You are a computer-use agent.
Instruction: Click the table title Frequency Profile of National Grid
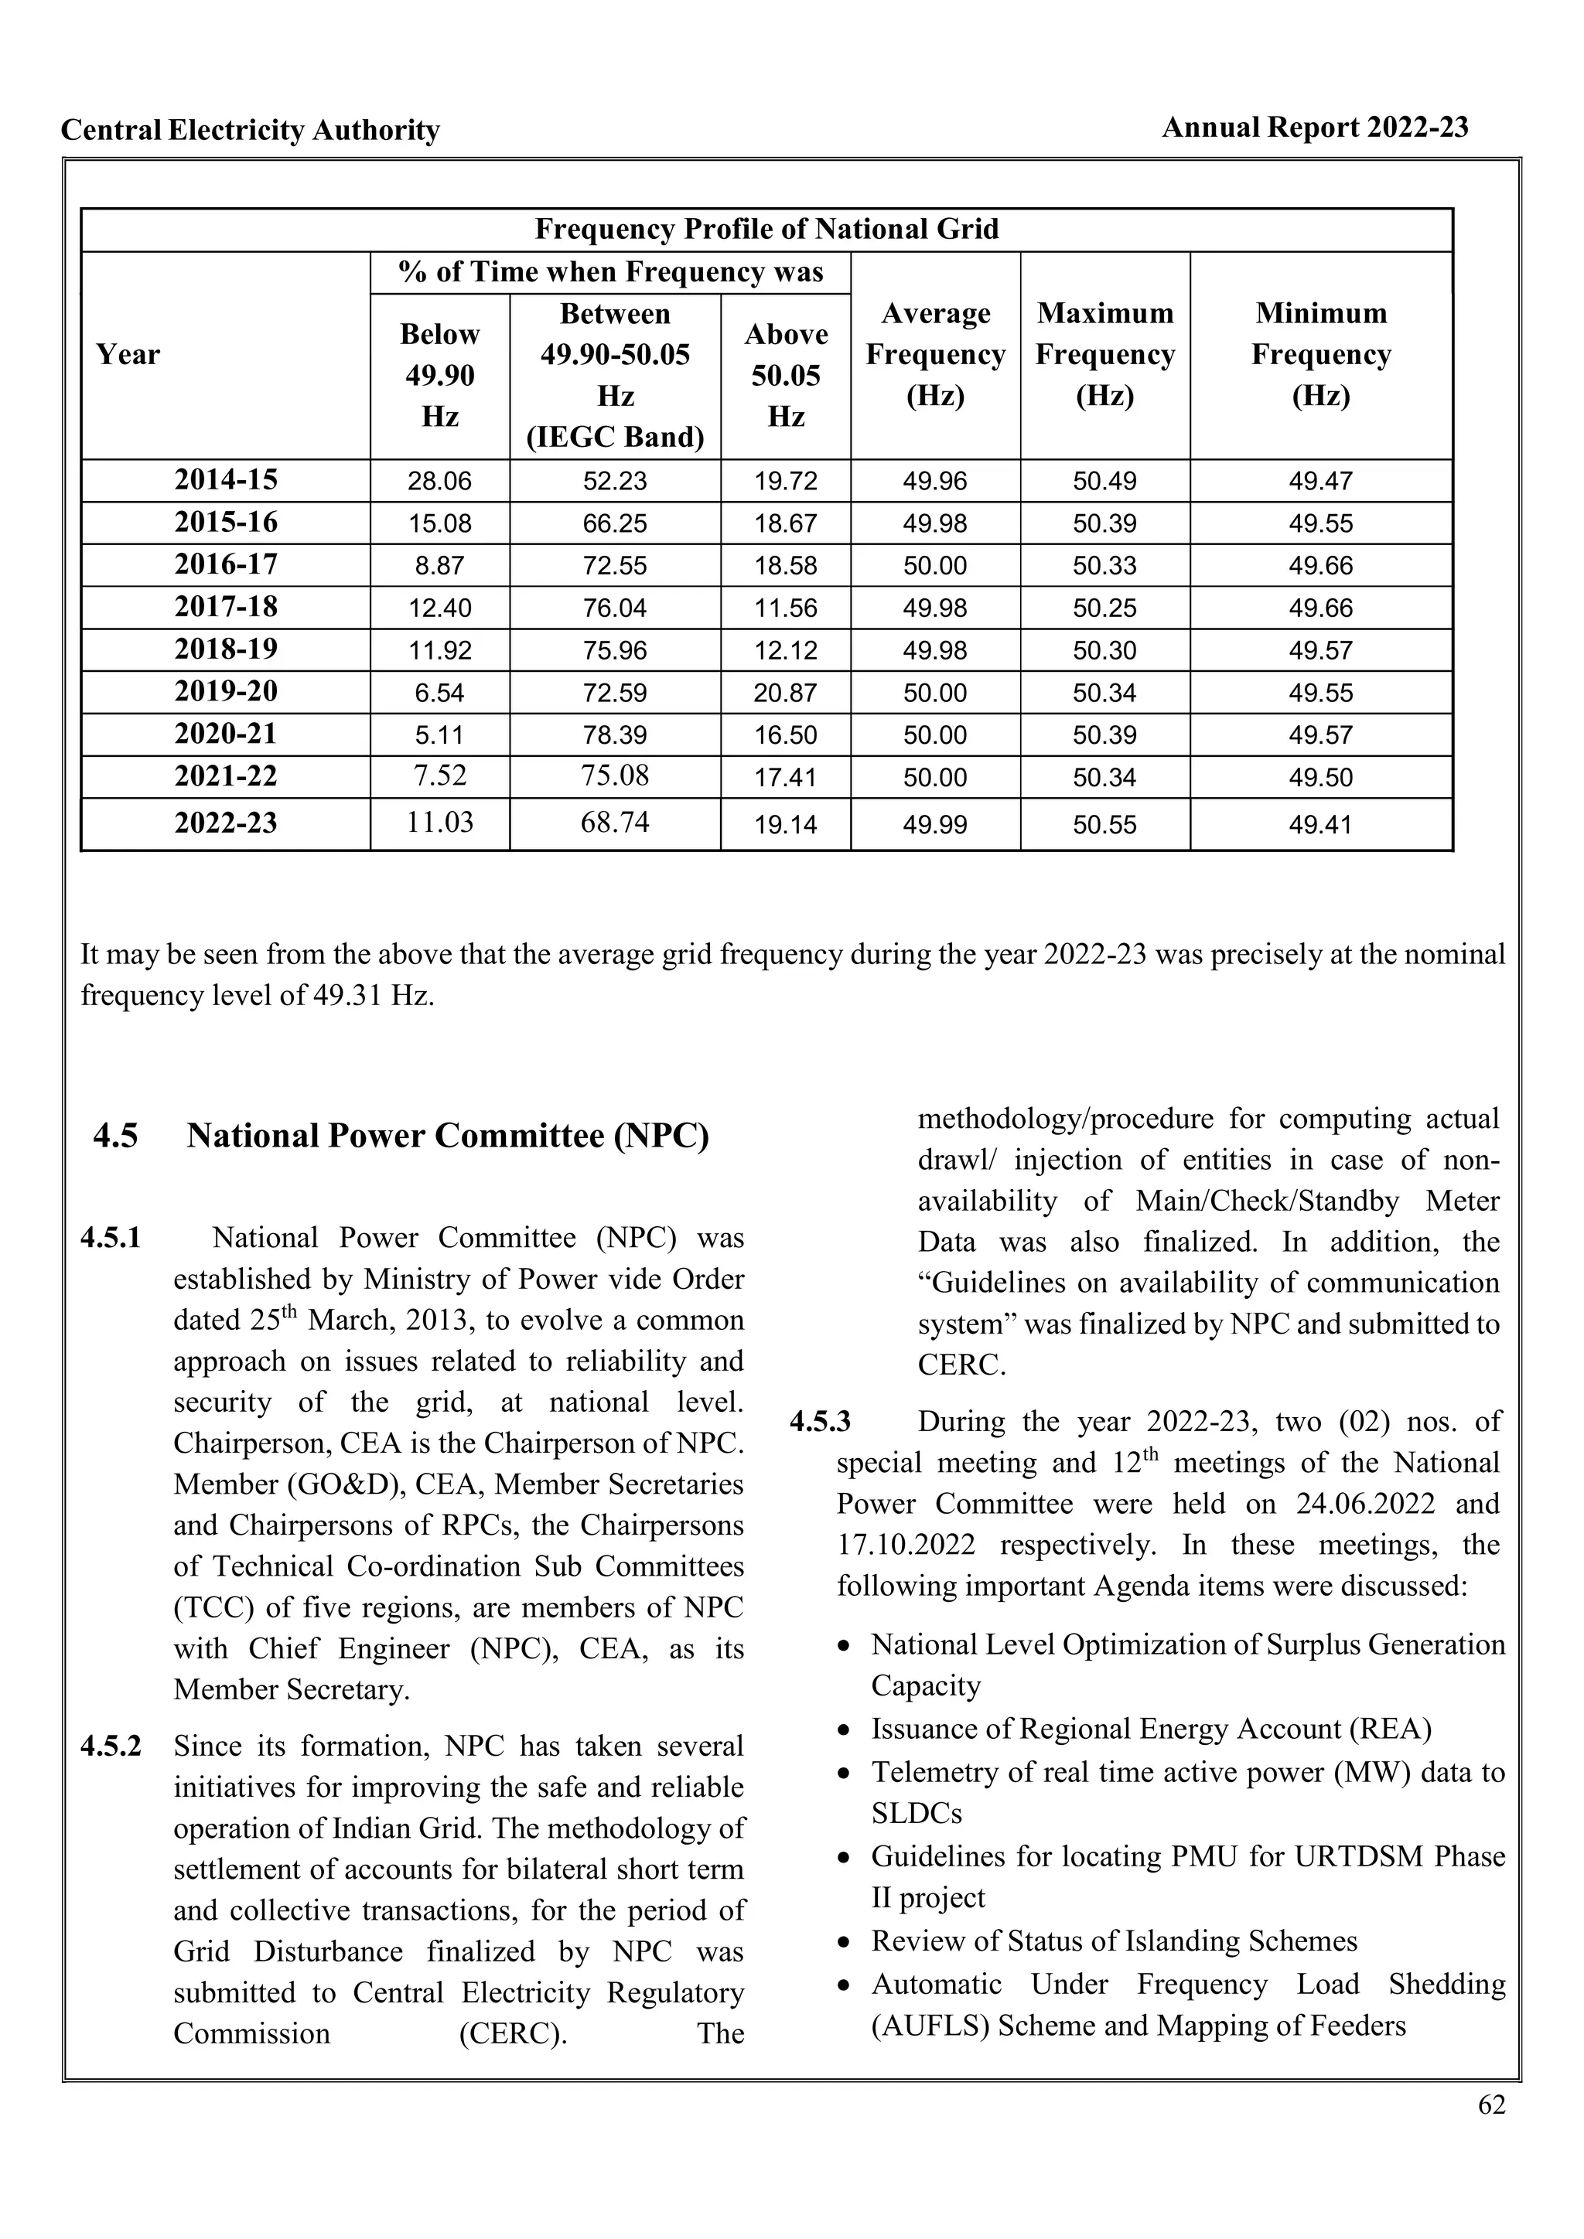coord(766,229)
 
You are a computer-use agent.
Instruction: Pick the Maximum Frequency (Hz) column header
coord(1104,354)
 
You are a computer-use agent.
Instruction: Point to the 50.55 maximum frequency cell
coord(1104,825)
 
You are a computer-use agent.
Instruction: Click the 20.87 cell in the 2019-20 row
coord(785,694)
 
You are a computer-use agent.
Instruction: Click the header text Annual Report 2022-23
coord(1314,128)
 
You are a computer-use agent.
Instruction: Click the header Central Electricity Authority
coord(250,131)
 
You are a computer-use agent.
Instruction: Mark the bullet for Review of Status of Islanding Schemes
coord(845,1941)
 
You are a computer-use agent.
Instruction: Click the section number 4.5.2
coord(111,1746)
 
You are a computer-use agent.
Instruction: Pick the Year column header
coord(128,354)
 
